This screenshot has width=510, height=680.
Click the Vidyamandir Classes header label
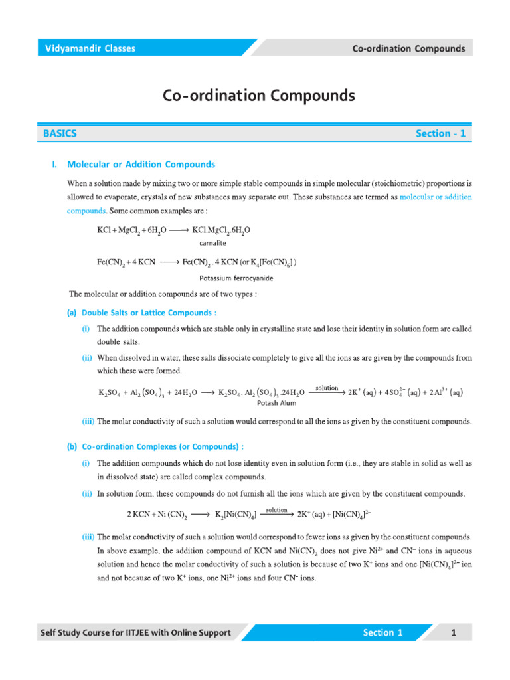(x=90, y=48)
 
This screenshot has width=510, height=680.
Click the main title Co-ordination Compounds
(x=259, y=96)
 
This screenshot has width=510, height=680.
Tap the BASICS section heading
(x=60, y=133)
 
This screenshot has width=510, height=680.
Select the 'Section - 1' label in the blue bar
(x=440, y=133)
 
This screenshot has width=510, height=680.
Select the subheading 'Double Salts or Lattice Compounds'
(x=149, y=312)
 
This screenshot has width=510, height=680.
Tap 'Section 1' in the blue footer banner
(x=382, y=633)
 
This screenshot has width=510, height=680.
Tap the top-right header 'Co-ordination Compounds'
(x=408, y=48)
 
